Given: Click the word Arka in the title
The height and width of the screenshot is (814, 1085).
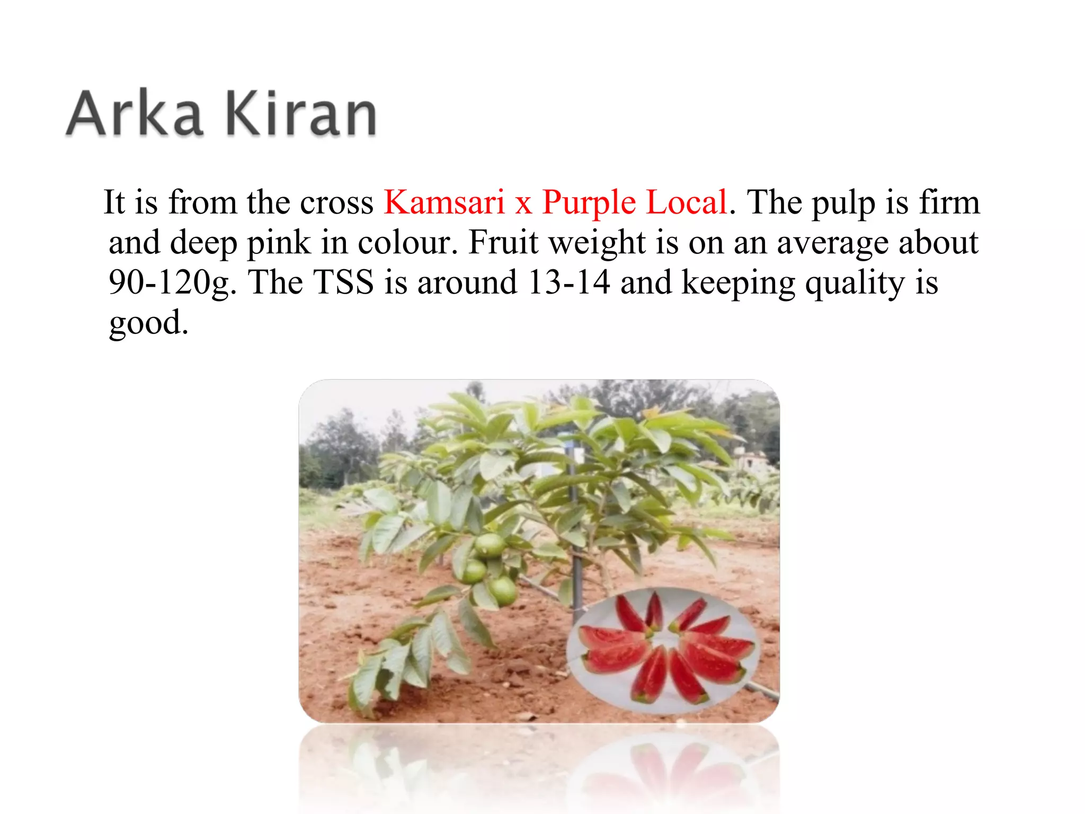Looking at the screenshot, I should pyautogui.click(x=135, y=113).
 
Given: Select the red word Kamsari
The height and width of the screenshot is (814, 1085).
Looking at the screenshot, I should pyautogui.click(x=444, y=202).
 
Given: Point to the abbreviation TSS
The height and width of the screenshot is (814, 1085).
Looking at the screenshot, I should pyautogui.click(x=344, y=282).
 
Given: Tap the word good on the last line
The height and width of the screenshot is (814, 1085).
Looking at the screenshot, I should pyautogui.click(x=148, y=323).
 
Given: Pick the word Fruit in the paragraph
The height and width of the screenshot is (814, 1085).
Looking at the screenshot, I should pyautogui.click(x=503, y=243).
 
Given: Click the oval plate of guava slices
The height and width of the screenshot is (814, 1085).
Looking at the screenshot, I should pyautogui.click(x=662, y=649).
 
